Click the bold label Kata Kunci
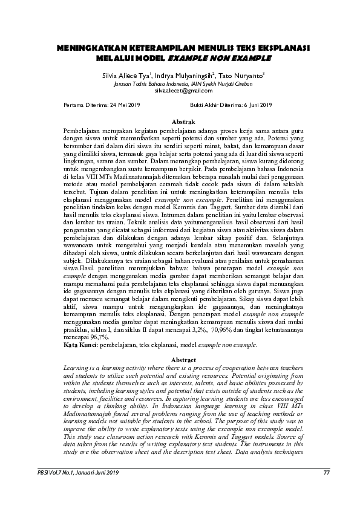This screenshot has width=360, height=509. click(x=80, y=345)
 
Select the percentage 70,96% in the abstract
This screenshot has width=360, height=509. click(x=203, y=331)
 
